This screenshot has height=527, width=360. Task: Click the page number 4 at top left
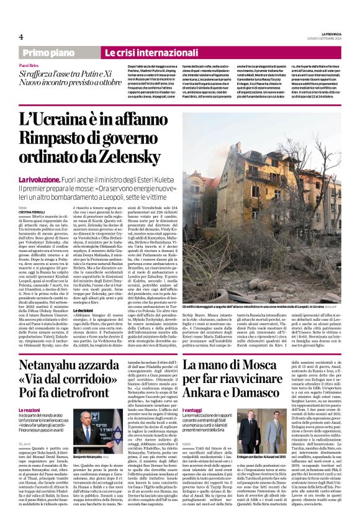click(x=20, y=37)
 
